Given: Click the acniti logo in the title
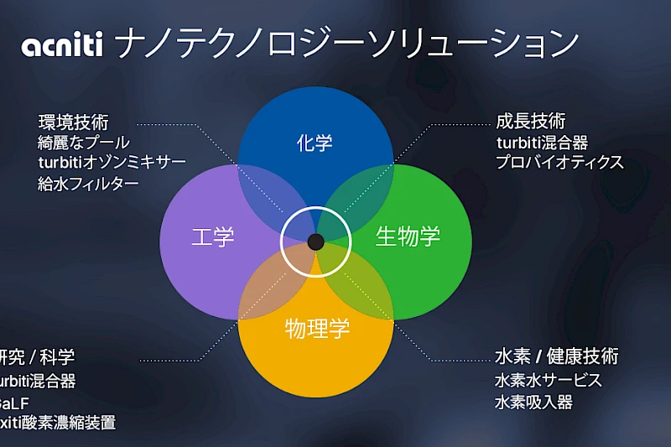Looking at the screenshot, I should [62, 44].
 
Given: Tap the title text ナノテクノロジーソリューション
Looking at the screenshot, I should [346, 44].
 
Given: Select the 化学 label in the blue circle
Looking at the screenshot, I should [315, 143].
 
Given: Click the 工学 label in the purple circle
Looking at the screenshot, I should [213, 236].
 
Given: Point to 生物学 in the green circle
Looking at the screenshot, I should [408, 236].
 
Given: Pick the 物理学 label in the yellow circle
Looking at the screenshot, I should [317, 326].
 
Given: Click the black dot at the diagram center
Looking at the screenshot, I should [315, 242].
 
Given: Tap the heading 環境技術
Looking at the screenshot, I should [73, 122].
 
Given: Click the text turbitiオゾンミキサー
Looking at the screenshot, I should [112, 162].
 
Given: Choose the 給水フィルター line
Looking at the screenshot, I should [88, 182].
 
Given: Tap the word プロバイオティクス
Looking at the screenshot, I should [559, 162].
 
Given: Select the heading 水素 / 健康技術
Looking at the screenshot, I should [556, 356].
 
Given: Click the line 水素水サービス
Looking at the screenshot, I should [549, 380].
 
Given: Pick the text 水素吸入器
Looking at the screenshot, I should [533, 402].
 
